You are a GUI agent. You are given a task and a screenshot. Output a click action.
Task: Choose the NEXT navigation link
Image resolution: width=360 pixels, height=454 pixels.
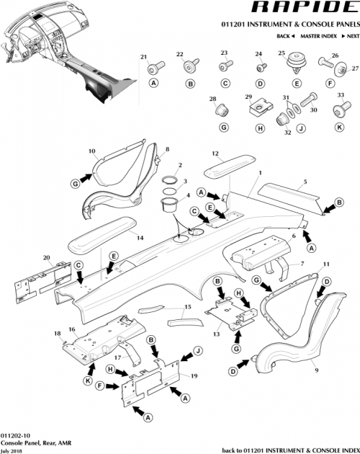(x=350, y=35)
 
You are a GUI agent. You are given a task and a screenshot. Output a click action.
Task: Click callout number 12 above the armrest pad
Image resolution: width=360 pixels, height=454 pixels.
(x=215, y=153)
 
